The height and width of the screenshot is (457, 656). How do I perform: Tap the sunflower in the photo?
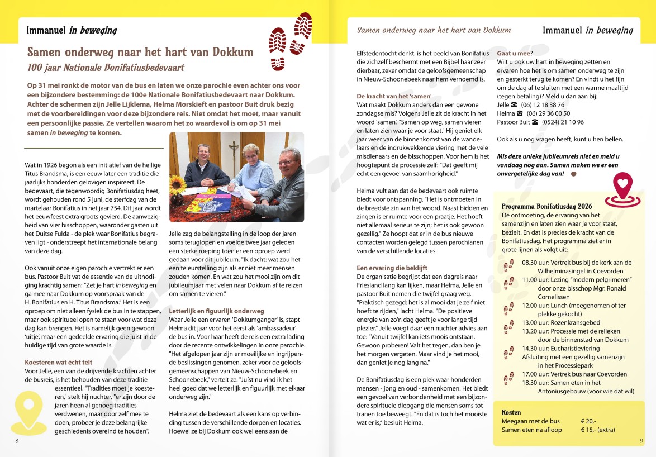(x=178, y=184)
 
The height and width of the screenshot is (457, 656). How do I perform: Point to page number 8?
(x=17, y=441)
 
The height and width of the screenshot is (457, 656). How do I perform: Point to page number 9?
(x=641, y=441)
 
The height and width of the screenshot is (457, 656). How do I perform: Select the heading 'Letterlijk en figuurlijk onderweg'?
(x=216, y=311)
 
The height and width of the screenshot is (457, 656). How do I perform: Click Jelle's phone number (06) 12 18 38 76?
(x=535, y=104)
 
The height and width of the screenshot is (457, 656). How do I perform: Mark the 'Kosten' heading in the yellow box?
(x=511, y=412)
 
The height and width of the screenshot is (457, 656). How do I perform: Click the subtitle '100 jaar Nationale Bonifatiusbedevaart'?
(x=106, y=67)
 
